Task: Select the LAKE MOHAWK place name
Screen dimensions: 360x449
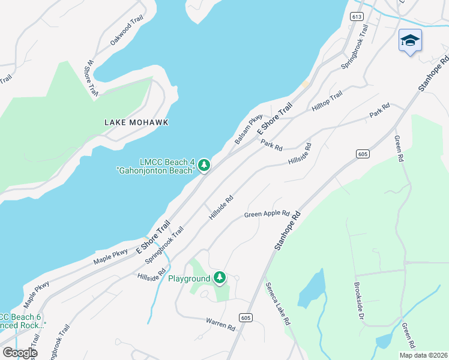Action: click(136, 122)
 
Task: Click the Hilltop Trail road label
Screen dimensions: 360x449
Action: click(327, 101)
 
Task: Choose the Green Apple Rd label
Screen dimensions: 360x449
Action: click(267, 214)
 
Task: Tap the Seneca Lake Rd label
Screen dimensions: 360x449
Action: click(278, 304)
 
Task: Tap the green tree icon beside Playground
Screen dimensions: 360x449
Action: click(220, 277)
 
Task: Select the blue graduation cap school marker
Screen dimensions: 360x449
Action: click(410, 40)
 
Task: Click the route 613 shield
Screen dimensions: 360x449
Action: click(357, 16)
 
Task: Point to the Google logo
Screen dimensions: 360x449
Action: click(19, 353)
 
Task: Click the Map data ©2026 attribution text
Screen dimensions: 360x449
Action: click(423, 355)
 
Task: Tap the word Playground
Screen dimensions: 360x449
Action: click(188, 278)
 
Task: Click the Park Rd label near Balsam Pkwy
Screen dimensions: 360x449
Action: click(271, 145)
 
